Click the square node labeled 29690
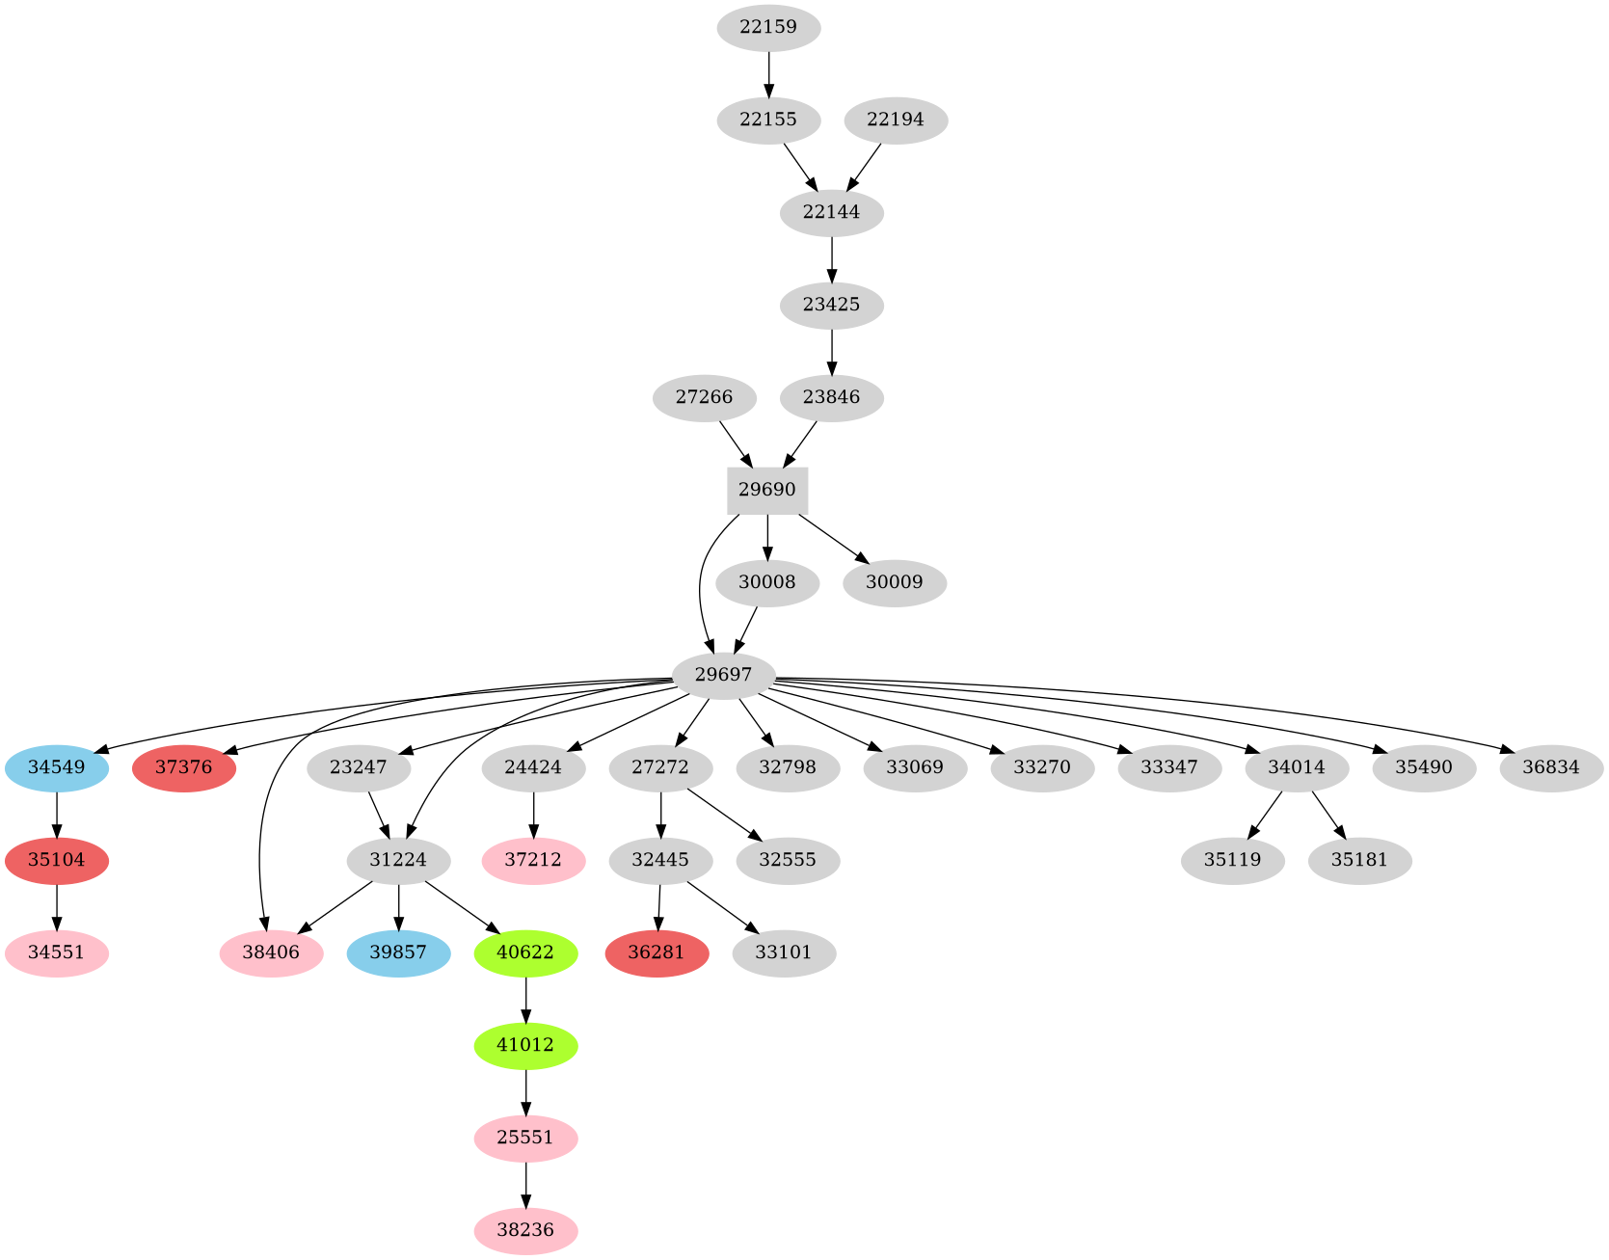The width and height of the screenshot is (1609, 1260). point(766,490)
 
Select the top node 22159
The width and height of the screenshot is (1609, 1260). point(768,27)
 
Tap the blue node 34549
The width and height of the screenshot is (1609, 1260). point(57,767)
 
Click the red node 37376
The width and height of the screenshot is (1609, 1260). point(184,767)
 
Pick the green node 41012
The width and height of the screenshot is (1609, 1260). point(525,1045)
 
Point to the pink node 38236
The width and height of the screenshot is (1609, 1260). point(525,1230)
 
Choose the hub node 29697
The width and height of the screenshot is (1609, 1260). point(723,675)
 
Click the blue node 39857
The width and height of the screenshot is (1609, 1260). point(398,952)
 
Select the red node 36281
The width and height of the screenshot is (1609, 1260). point(657,952)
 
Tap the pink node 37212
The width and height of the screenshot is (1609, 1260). point(533,860)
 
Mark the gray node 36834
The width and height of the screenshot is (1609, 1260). point(1551,767)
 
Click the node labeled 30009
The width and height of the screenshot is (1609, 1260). point(894,582)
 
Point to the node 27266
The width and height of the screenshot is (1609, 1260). point(704,397)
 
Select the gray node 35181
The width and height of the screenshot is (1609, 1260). point(1359,860)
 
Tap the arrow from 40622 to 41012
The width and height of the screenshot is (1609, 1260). point(525,999)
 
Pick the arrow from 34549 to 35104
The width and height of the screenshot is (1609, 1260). point(57,814)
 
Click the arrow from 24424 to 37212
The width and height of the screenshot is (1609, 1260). point(533,814)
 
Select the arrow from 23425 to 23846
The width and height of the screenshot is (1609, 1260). point(831,351)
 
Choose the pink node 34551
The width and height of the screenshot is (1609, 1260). point(57,952)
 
